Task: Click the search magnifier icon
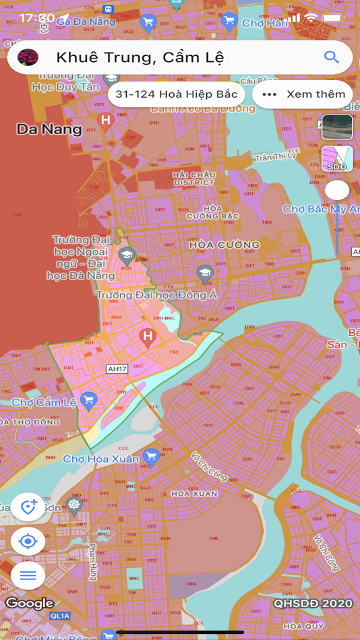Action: [x=331, y=57]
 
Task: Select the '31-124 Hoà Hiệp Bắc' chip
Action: [x=177, y=95]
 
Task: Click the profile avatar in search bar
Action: [x=28, y=57]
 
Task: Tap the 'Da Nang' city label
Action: [x=49, y=129]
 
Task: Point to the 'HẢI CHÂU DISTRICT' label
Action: [x=194, y=179]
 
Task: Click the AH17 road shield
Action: [x=117, y=369]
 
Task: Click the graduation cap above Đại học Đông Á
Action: [x=205, y=273]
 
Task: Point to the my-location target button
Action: [x=28, y=541]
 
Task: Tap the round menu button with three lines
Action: [x=28, y=575]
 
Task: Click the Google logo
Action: [x=30, y=603]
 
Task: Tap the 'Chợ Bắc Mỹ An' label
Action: [x=321, y=210]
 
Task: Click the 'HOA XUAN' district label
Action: [x=194, y=494]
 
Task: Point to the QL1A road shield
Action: [x=59, y=616]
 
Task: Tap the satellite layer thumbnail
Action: [x=337, y=127]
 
